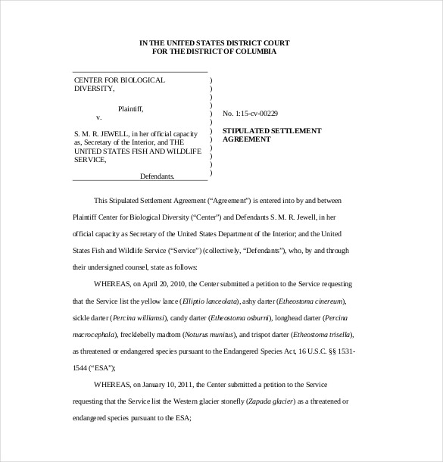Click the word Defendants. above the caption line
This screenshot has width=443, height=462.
tap(157, 176)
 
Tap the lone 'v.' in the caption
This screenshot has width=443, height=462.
tap(98, 117)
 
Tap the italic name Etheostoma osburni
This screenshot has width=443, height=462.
tap(232, 317)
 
